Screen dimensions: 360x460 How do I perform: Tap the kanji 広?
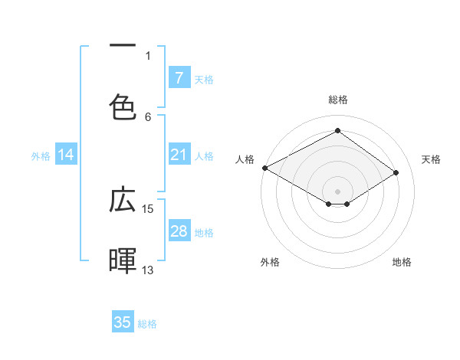pyautogui.click(x=123, y=200)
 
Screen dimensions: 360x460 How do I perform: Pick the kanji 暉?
pyautogui.click(x=123, y=260)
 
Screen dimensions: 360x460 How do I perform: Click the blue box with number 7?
pyautogui.click(x=179, y=77)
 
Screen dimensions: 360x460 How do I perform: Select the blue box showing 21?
pyautogui.click(x=179, y=155)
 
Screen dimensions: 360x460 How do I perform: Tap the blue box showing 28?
pyautogui.click(x=179, y=231)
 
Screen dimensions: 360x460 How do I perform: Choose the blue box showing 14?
pyautogui.click(x=66, y=155)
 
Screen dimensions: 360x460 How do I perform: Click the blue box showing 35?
pyautogui.click(x=123, y=322)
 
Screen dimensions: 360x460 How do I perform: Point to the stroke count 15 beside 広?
pyautogui.click(x=148, y=208)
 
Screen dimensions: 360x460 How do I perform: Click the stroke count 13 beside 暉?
pyautogui.click(x=148, y=270)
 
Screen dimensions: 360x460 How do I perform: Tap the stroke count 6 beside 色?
pyautogui.click(x=148, y=116)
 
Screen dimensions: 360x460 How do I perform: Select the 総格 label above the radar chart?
pyautogui.click(x=337, y=100)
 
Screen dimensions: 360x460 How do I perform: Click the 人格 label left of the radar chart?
pyautogui.click(x=245, y=159)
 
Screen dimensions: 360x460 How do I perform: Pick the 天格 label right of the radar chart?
pyautogui.click(x=431, y=159)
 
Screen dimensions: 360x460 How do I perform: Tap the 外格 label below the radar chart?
pyautogui.click(x=269, y=262)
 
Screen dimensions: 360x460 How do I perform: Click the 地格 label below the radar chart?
pyautogui.click(x=402, y=262)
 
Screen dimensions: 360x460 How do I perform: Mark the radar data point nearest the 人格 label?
pyautogui.click(x=264, y=167)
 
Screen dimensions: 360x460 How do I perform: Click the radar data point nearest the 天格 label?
pyautogui.click(x=396, y=172)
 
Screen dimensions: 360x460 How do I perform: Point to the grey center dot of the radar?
pyautogui.click(x=337, y=191)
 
